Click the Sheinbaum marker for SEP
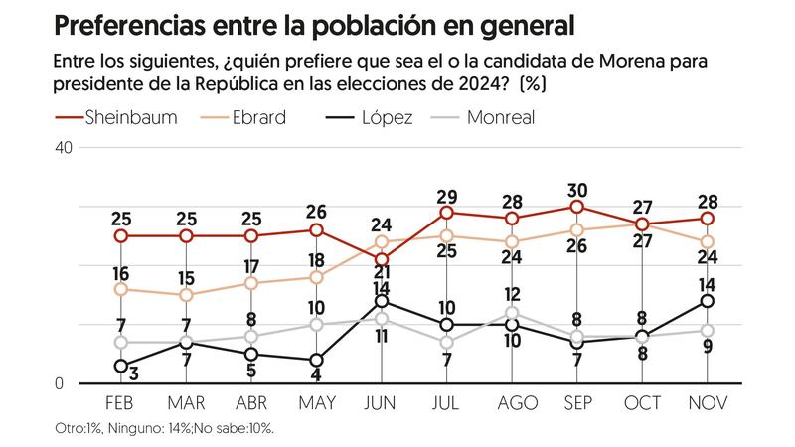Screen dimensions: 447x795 [x=576, y=207]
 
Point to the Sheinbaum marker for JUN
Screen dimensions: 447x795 [x=381, y=259]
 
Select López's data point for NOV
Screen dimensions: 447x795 [x=708, y=301]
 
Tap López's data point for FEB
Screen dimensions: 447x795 [x=120, y=367]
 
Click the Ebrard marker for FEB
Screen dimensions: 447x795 [x=120, y=289]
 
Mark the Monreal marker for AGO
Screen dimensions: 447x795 [x=512, y=313]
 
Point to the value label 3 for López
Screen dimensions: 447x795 [x=132, y=372]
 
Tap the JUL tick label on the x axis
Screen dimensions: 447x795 [x=447, y=403]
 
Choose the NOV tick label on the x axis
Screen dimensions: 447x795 [x=708, y=403]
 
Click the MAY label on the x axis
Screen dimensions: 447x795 [x=316, y=403]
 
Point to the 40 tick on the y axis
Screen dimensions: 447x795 [x=64, y=147]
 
